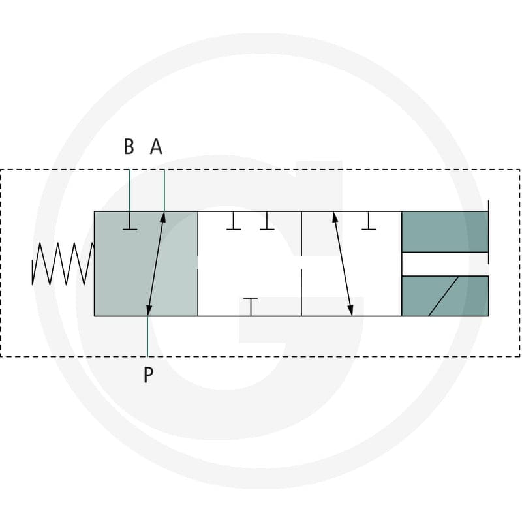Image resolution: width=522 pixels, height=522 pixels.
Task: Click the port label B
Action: (129, 146)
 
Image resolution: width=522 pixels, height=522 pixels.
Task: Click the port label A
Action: (156, 146)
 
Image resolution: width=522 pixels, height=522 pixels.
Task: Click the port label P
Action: (149, 375)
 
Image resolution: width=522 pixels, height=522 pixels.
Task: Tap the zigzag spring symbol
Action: (63, 264)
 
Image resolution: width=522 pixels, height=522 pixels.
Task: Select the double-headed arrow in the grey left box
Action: (155, 264)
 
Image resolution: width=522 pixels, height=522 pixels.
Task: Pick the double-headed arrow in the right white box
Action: (343, 264)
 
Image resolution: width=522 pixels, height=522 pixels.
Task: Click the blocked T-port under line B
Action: (130, 221)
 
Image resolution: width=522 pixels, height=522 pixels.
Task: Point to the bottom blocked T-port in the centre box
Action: (251, 307)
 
